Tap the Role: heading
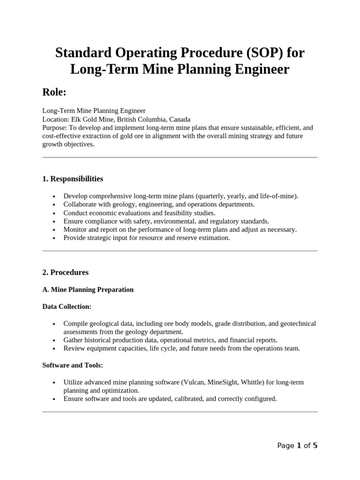pyautogui.click(x=54, y=92)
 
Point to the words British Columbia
pyautogui.click(x=140, y=120)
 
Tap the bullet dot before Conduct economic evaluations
pyautogui.click(x=55, y=213)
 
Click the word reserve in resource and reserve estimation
pyautogui.click(x=184, y=238)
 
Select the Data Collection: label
pyautogui.click(x=67, y=307)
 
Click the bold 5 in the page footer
pyautogui.click(x=315, y=446)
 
